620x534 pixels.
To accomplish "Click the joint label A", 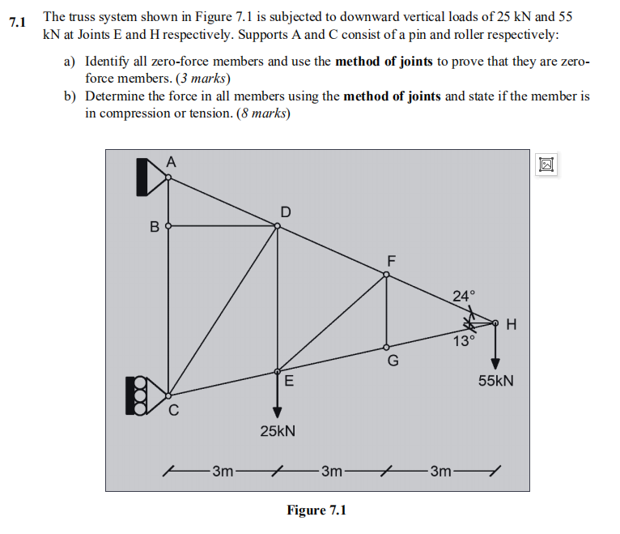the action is (170, 160).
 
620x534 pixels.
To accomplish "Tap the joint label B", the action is (154, 226).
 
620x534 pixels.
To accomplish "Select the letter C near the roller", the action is (173, 410).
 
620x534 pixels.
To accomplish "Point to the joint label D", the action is (285, 211).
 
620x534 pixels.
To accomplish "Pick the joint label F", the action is (392, 261).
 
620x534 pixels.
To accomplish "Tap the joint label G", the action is (393, 361).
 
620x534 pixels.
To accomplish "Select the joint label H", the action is (510, 325).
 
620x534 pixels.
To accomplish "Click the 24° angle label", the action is (465, 297).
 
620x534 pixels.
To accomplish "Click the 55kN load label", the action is (496, 380).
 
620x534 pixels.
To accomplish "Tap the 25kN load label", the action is (278, 431).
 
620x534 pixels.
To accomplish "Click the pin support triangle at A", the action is (151, 177).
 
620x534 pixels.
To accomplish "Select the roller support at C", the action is (138, 395).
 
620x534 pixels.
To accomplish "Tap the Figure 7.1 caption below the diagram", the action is (316, 510).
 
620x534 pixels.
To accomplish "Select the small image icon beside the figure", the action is (547, 164).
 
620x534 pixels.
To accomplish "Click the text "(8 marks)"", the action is (262, 113).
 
